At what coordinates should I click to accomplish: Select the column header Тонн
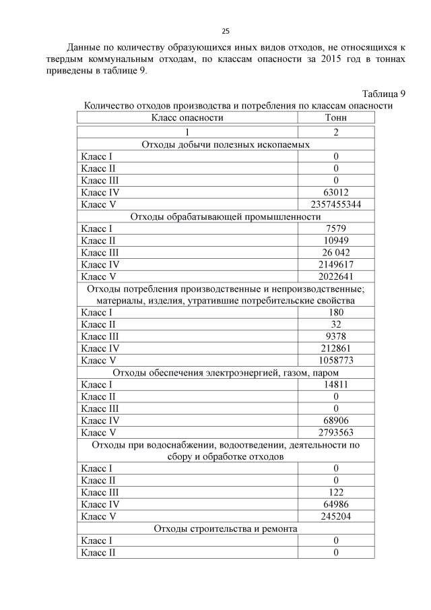(335, 117)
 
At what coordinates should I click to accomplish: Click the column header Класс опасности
(187, 117)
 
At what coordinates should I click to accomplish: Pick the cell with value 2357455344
(335, 204)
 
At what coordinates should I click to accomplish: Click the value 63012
(335, 192)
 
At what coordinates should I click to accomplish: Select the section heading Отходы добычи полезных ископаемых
(226, 144)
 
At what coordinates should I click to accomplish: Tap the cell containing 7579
(335, 229)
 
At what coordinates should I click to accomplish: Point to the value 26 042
(335, 252)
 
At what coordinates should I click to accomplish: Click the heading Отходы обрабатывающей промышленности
(226, 216)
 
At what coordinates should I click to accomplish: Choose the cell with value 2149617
(335, 264)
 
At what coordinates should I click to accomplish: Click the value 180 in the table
(335, 313)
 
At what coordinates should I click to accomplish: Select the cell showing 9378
(335, 336)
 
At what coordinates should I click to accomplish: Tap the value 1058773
(335, 360)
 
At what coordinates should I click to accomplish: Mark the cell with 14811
(335, 384)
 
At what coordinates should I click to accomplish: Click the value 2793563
(335, 432)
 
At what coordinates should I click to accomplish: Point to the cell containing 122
(335, 493)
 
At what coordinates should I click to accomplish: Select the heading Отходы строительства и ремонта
(226, 528)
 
